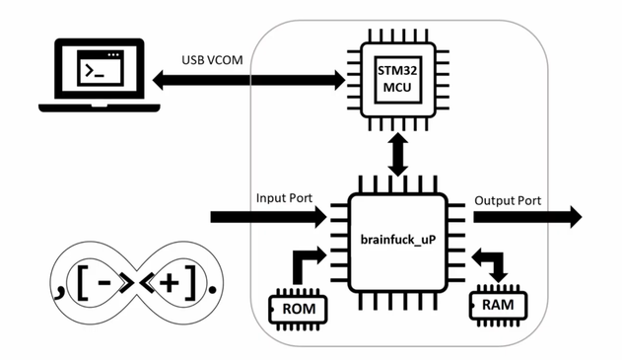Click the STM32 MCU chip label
tap(397, 79)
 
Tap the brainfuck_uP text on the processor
tap(398, 240)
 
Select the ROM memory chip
tap(299, 309)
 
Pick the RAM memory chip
tap(498, 305)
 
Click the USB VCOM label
tap(212, 60)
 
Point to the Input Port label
tap(284, 197)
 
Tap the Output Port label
tap(508, 200)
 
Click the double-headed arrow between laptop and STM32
tap(248, 80)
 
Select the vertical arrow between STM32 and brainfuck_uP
tap(398, 155)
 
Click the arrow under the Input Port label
tap(268, 217)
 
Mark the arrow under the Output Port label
tap(527, 217)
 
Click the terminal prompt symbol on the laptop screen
tap(95, 71)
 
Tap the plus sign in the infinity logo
tap(170, 283)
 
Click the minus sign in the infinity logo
tap(104, 283)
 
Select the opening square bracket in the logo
tap(82, 283)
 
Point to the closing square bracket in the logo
tap(191, 283)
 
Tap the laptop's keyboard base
tap(100, 108)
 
